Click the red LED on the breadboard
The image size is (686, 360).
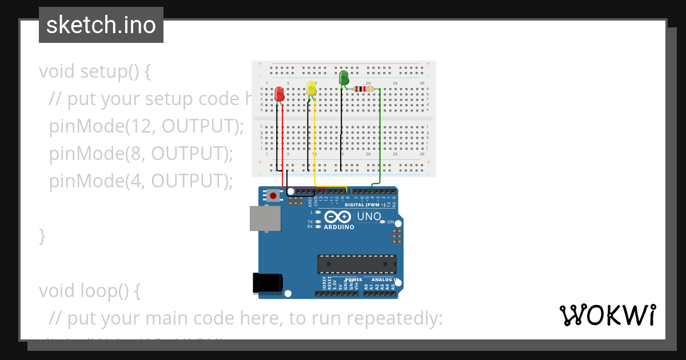(280, 94)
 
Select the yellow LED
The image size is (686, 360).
(312, 88)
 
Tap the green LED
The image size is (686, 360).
(344, 77)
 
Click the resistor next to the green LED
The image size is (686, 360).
(363, 89)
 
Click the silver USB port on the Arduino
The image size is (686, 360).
(265, 218)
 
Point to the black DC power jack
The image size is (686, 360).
(267, 283)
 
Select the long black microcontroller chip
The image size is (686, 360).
(357, 264)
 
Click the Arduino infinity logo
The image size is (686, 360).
(337, 217)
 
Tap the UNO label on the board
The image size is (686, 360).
(369, 217)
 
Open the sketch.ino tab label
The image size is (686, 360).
(101, 25)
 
